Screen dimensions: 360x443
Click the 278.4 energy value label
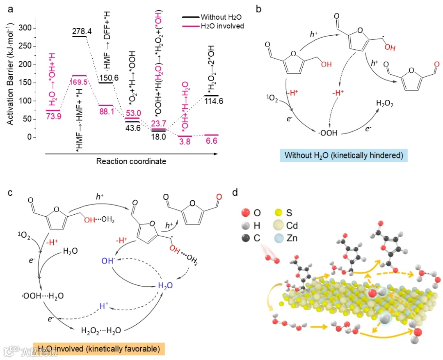80,31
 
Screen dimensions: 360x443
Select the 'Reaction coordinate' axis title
131,161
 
